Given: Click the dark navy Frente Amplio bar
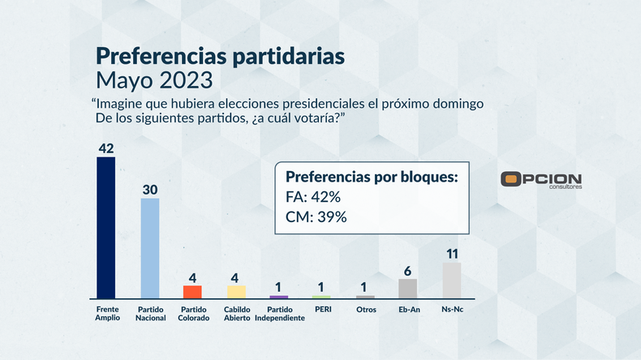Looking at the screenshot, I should click(x=105, y=228).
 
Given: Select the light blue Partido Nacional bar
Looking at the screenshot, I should click(x=149, y=248).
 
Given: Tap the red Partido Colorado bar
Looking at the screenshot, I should click(x=192, y=292).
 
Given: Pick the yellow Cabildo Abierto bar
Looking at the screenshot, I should click(x=236, y=292).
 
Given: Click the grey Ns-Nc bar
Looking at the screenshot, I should click(x=452, y=280).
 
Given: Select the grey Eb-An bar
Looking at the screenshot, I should click(x=407, y=289).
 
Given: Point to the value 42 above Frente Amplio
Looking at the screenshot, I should click(x=105, y=148).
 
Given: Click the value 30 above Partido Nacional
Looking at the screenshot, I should click(x=149, y=189).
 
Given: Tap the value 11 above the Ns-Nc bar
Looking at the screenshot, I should click(x=452, y=253).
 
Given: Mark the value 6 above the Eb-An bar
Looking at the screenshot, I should click(x=407, y=271).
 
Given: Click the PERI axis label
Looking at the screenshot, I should click(x=322, y=309).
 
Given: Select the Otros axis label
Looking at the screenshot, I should click(x=365, y=309).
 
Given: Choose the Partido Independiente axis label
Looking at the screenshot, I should click(x=279, y=313).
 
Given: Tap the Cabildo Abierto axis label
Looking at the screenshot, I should click(x=236, y=313).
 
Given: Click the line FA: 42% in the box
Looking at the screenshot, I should click(x=312, y=197).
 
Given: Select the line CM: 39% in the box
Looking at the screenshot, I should click(x=316, y=216).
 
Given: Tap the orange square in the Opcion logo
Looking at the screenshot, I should click(x=510, y=179).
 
